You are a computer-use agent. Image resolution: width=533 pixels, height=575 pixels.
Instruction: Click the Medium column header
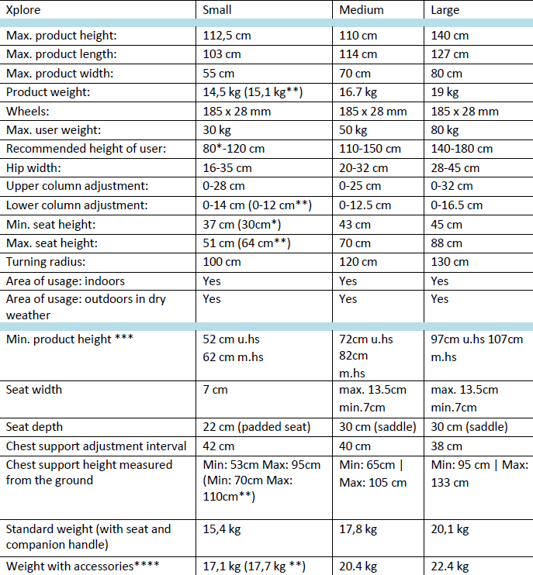[362, 10]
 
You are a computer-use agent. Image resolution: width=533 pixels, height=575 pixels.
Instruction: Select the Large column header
[445, 10]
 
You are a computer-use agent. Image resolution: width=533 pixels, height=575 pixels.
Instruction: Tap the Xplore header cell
[23, 10]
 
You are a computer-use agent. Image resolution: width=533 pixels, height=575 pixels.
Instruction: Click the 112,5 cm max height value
[227, 36]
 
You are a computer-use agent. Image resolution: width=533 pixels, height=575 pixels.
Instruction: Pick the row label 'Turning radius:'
[46, 262]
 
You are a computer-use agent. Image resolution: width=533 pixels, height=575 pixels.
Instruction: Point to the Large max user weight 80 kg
[445, 130]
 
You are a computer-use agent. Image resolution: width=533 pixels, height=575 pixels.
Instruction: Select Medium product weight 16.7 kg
[358, 92]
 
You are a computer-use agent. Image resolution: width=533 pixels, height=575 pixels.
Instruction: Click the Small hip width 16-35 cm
[227, 168]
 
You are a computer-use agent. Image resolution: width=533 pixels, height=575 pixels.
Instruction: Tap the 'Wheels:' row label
[27, 111]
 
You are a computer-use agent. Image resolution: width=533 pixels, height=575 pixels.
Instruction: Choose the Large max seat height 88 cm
[446, 243]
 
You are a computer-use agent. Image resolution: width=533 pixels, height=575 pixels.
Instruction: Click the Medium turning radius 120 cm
[358, 262]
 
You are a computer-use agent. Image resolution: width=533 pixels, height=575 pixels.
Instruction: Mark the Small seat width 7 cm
[215, 390]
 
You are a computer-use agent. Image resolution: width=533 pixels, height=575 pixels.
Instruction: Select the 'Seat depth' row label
[34, 427]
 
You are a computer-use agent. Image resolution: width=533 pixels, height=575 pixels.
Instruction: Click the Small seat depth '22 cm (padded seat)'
[257, 427]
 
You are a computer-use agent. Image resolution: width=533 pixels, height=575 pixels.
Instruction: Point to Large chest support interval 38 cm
[446, 446]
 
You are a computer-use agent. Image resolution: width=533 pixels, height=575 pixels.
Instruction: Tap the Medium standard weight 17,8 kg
[358, 529]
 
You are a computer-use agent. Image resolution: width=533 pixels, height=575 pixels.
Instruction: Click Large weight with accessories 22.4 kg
[450, 566]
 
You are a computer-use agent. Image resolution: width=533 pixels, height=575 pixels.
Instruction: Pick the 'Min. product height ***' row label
[69, 339]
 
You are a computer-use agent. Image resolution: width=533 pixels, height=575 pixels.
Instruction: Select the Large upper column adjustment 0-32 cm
[452, 186]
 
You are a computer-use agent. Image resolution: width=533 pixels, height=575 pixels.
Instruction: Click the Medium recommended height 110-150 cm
[370, 149]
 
